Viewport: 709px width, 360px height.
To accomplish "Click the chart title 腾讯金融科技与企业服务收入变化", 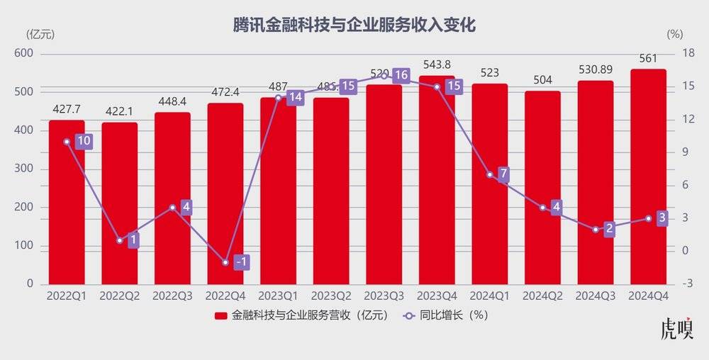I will (354, 25).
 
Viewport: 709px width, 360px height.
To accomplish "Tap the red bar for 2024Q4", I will (648, 177).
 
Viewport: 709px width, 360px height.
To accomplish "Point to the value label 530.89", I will (595, 70).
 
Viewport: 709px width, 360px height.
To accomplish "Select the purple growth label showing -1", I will (242, 262).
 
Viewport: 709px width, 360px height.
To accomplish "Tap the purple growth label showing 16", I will (401, 75).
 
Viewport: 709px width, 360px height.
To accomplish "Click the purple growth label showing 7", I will (503, 174).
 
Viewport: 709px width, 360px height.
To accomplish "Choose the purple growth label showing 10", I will (84, 141).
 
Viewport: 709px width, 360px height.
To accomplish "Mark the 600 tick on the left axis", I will (24, 54).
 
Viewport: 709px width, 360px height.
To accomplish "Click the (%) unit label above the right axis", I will (675, 33).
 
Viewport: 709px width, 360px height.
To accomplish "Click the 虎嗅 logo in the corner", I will (676, 330).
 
